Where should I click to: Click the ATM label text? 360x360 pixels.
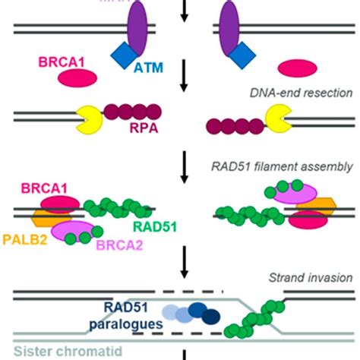pyautogui.click(x=147, y=68)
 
